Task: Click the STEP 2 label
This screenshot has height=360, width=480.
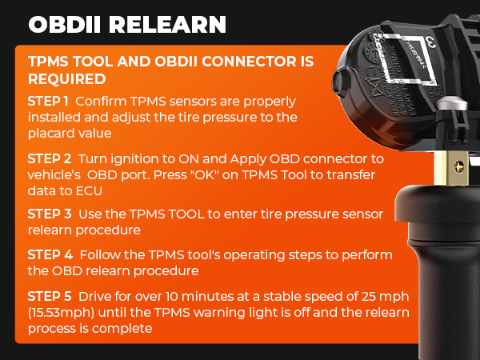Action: coord(50,158)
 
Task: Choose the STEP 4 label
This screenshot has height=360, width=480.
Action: coord(50,254)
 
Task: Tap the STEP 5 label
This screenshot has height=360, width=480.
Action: coord(50,297)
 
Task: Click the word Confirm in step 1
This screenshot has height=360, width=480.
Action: coord(102,102)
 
